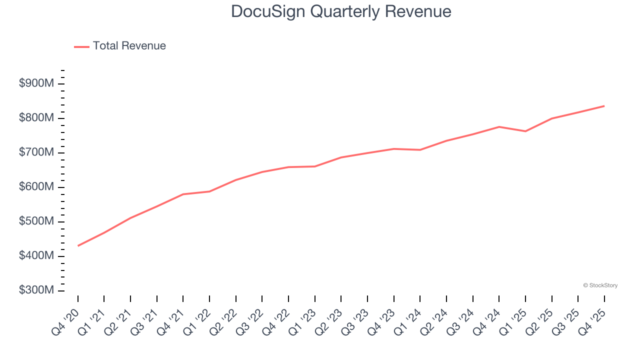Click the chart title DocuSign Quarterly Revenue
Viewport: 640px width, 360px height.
(x=341, y=11)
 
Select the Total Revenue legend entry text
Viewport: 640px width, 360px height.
(x=129, y=46)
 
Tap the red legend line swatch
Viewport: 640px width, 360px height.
(x=81, y=46)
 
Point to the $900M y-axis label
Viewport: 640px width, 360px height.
(x=36, y=83)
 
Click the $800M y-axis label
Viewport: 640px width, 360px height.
(x=36, y=118)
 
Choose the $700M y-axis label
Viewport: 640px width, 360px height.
(x=36, y=152)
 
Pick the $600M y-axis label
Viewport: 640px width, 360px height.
(x=36, y=187)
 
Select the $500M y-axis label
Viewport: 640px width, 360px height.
(x=36, y=221)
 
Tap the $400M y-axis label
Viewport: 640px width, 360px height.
(x=36, y=256)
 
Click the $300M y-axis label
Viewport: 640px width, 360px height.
(x=36, y=290)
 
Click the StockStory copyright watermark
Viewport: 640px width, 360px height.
(x=600, y=285)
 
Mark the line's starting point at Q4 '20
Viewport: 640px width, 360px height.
(x=78, y=245)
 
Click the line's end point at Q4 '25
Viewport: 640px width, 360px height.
(x=604, y=106)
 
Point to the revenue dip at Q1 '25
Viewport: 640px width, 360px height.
(x=525, y=131)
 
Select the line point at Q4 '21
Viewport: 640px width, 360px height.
(x=183, y=194)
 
